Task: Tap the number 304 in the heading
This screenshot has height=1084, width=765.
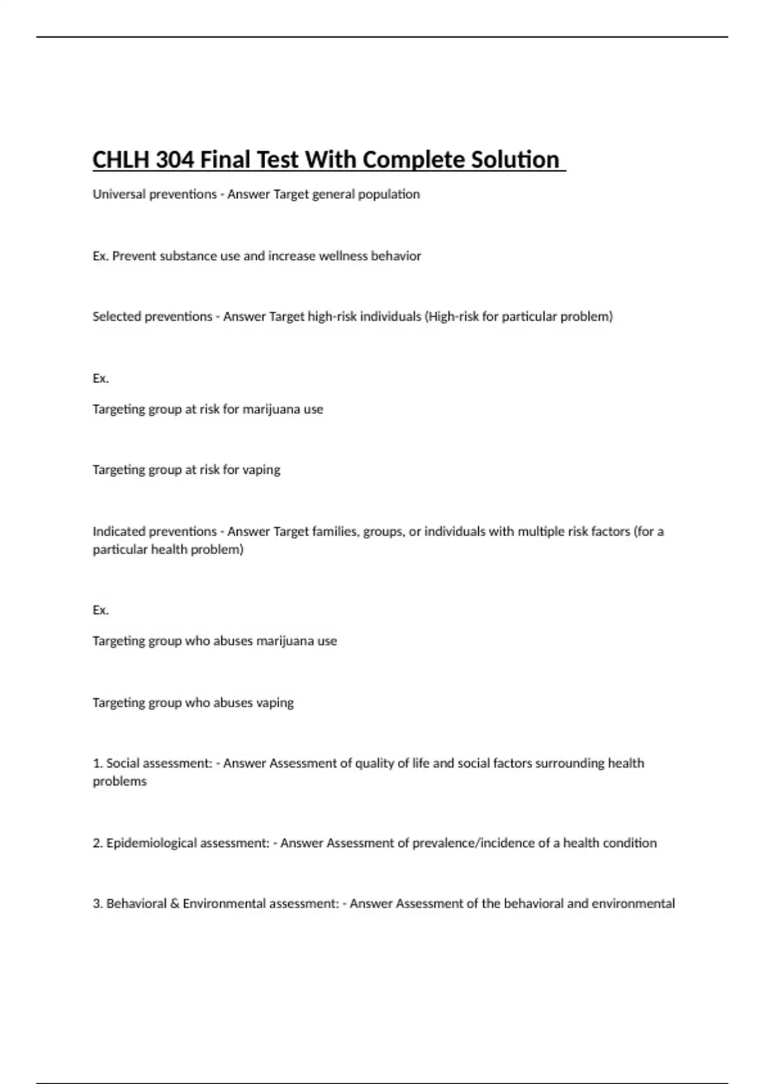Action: (x=175, y=159)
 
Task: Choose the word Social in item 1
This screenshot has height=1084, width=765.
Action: (x=124, y=763)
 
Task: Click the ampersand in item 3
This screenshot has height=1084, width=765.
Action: (x=175, y=904)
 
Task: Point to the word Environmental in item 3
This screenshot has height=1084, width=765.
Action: (x=224, y=904)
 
